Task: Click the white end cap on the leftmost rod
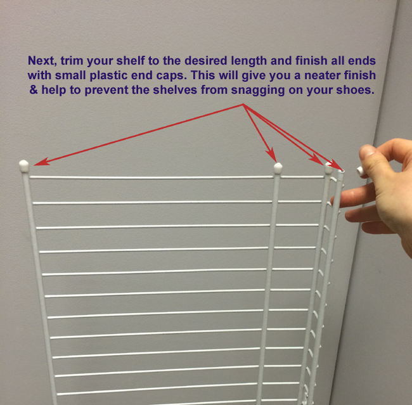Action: (24, 165)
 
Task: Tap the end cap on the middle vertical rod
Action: (278, 167)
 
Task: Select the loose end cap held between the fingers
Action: (359, 170)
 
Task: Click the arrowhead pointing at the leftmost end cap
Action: (37, 163)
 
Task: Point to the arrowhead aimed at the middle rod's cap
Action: (273, 157)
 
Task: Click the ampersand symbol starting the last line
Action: (32, 90)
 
